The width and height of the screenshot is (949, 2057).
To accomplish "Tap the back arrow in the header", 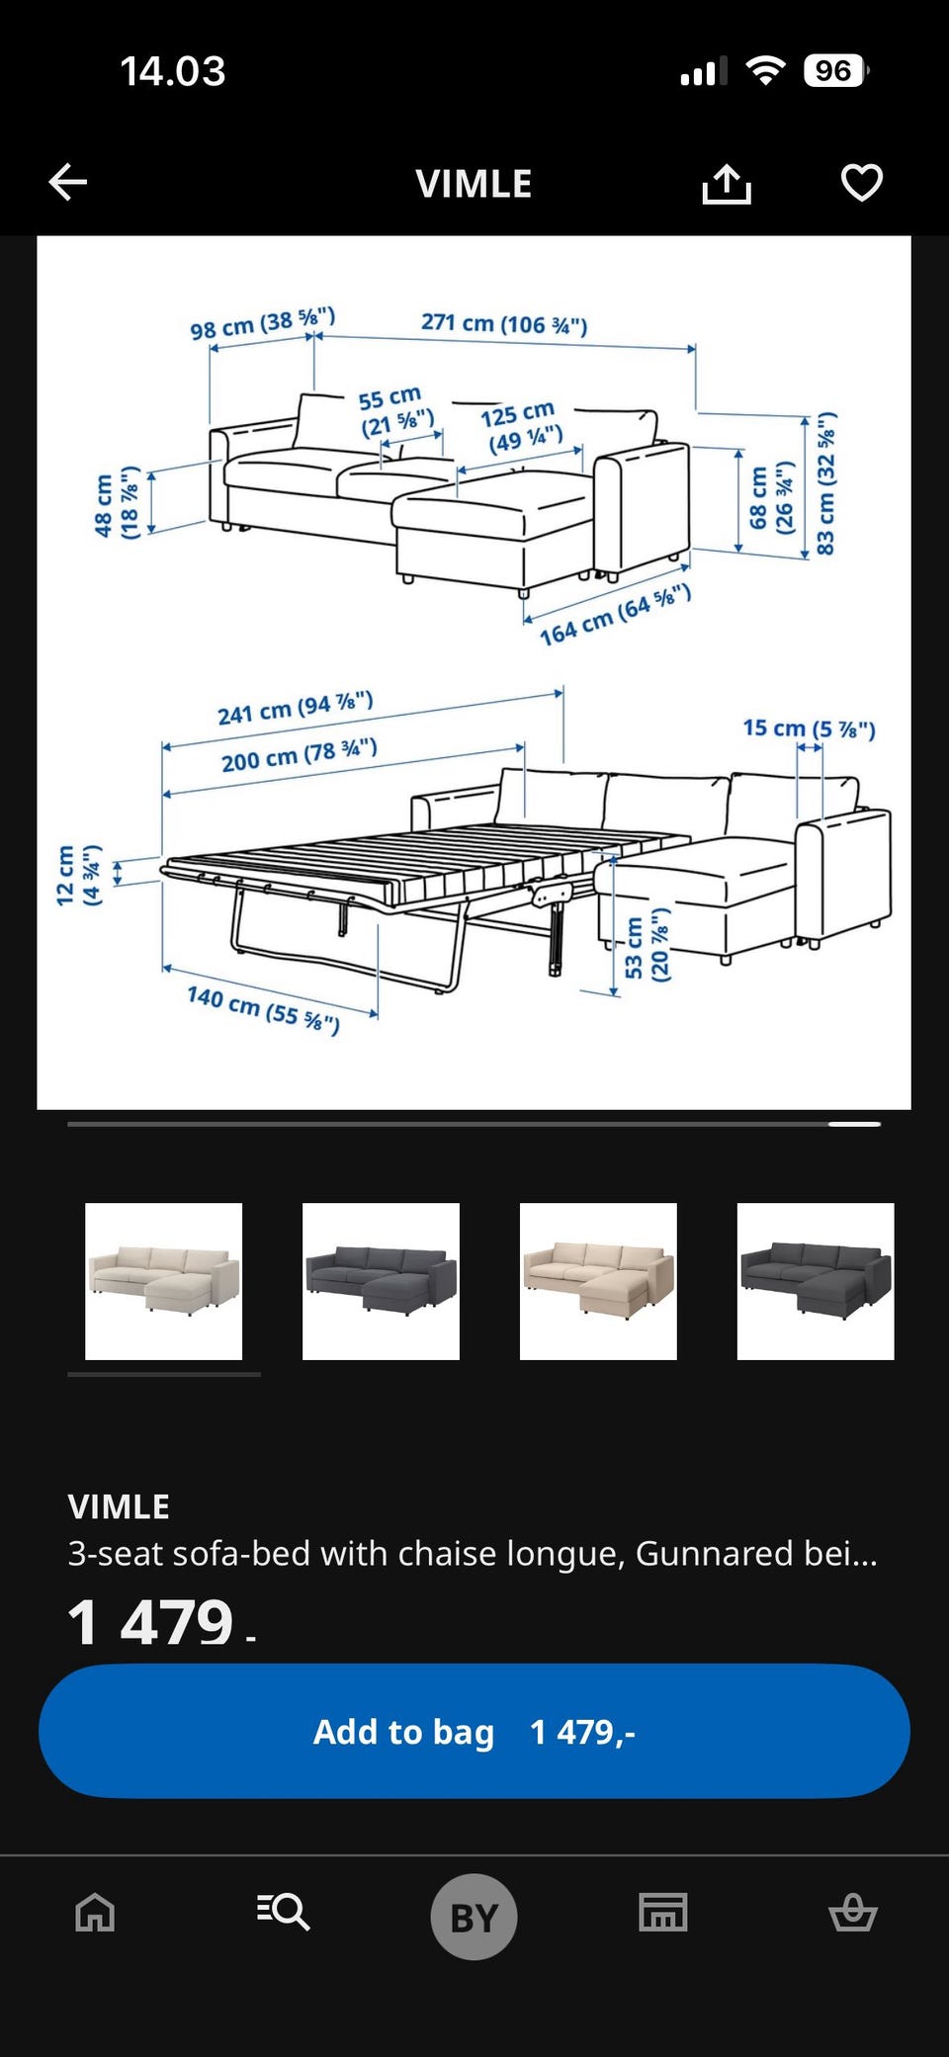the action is click(x=68, y=182).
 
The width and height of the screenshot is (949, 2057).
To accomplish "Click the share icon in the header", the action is click(x=727, y=183).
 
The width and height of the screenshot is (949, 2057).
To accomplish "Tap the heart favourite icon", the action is click(x=861, y=183).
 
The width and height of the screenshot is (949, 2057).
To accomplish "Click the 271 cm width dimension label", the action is click(x=504, y=323).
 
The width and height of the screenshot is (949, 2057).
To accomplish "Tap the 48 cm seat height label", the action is click(x=116, y=503).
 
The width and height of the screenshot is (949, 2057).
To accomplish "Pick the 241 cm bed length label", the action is click(x=296, y=708).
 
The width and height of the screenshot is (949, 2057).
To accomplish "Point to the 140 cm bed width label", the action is click(x=264, y=1009).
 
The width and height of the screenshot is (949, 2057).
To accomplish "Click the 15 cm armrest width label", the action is click(x=810, y=729).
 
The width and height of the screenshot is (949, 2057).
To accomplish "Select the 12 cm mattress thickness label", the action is click(x=79, y=875).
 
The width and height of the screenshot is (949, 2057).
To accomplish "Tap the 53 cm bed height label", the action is click(x=647, y=945).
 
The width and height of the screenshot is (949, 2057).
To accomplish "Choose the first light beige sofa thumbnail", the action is click(x=164, y=1281).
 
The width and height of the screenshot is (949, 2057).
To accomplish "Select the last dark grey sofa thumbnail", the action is click(x=816, y=1281).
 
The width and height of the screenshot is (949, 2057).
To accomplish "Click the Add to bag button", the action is click(x=474, y=1731).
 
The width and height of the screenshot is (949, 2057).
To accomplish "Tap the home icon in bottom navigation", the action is click(x=95, y=1913).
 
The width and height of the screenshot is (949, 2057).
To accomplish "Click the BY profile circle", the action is click(x=474, y=1917).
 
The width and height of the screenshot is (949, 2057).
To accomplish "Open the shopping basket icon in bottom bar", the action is click(x=853, y=1912).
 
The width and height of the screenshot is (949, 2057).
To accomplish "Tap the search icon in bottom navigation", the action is click(x=284, y=1912).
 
